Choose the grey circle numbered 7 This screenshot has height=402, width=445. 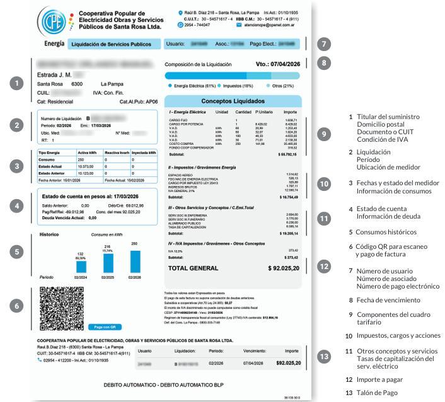coord(323,45)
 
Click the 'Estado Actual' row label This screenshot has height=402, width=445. coord(50,166)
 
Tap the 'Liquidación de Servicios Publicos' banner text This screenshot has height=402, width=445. coord(111,45)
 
